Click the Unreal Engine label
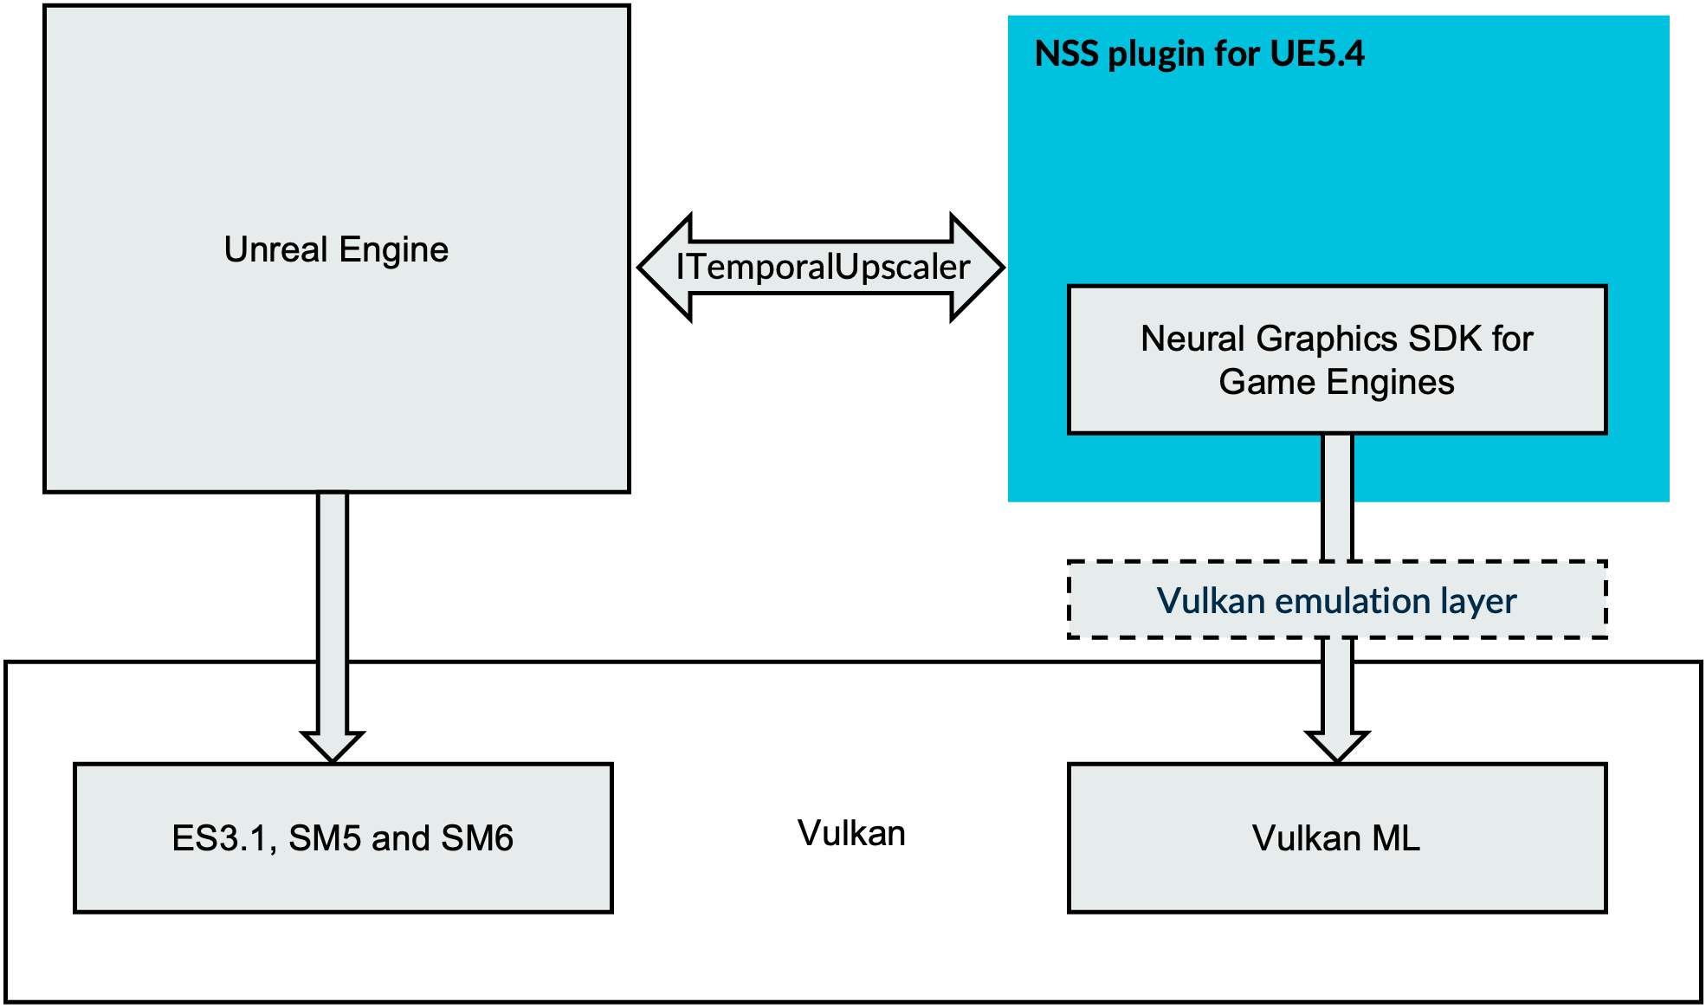336,249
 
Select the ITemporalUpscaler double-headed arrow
821,267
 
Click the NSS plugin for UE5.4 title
1199,54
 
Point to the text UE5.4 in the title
1316,54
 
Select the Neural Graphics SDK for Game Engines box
1337,359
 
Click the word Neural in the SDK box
1193,338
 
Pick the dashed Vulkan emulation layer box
1337,600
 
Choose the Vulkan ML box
1337,837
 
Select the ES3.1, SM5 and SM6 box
343,837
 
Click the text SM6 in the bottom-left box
477,837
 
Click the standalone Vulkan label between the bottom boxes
851,833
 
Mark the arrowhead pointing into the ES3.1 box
333,745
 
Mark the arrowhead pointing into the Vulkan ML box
1337,745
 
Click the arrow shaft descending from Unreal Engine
333,606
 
